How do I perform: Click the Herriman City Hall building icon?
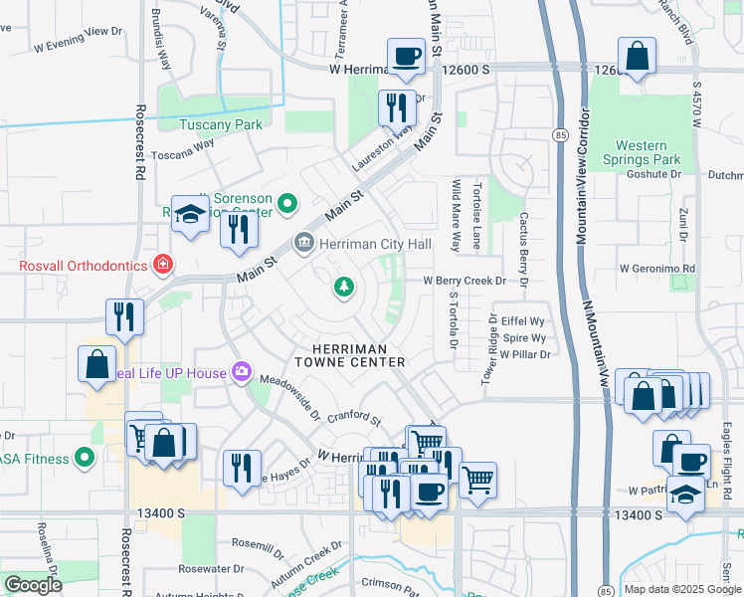303,243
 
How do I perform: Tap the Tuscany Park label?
221,124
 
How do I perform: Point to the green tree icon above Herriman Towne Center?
344,288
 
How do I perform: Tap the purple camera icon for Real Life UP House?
241,372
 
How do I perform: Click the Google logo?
33,585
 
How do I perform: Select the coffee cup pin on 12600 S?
406,57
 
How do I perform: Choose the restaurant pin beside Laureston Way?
397,105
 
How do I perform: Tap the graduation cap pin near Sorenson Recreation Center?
189,215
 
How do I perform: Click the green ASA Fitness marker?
85,459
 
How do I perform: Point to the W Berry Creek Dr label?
465,282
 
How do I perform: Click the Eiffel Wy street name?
523,321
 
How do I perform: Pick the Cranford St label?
354,418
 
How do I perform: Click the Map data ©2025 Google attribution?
681,589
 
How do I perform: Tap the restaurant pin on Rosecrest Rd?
125,316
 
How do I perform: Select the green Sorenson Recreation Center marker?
288,204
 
